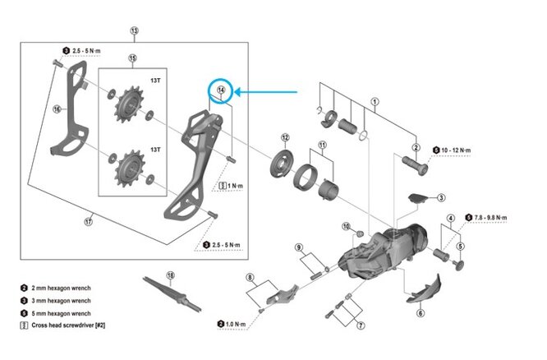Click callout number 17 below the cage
88,220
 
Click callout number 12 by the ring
285,137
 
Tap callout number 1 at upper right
374,104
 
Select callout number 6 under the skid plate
420,312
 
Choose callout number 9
300,247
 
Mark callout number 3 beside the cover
441,197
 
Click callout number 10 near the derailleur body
346,225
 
